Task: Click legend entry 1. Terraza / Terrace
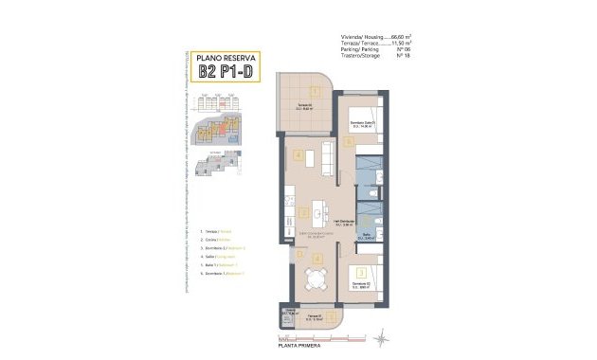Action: point(220,231)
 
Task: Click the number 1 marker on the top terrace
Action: point(315,90)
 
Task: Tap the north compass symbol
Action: point(380,335)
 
